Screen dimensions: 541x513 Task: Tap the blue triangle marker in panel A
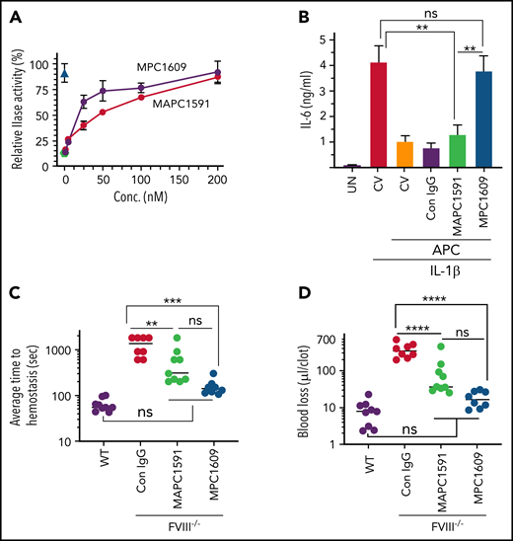[x=65, y=73]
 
